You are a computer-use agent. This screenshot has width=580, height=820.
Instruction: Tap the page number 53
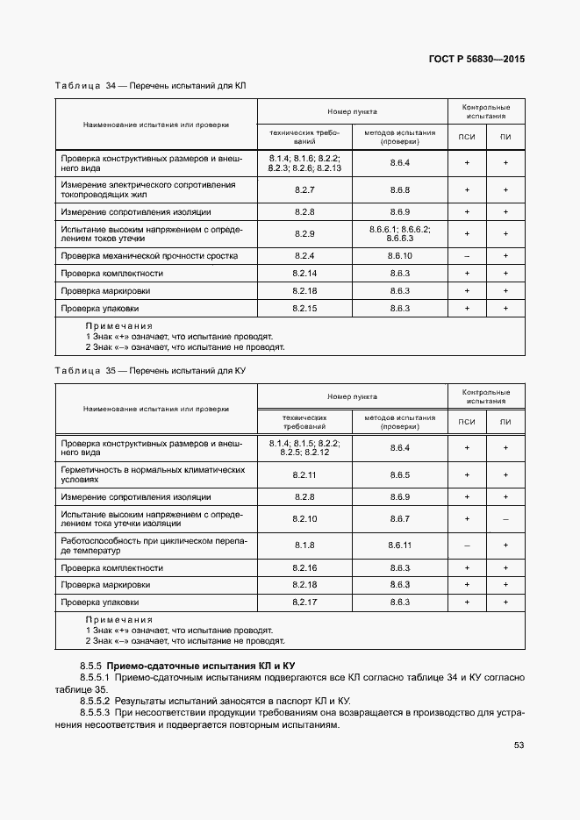tap(519, 746)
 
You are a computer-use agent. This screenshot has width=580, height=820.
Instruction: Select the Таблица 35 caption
tap(150, 371)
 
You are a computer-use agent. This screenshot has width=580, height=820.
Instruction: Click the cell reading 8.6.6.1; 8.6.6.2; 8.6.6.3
tap(399, 233)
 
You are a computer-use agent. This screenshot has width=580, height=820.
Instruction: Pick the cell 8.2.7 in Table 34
tap(304, 190)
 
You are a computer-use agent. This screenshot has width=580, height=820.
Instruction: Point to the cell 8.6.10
tap(399, 256)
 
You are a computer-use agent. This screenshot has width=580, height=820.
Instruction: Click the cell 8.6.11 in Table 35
tap(399, 545)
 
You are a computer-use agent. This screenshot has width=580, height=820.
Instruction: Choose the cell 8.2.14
tap(304, 274)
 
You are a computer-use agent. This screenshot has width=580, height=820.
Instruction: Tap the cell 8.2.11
tap(304, 475)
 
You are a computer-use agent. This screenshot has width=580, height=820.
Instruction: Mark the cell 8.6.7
tap(399, 519)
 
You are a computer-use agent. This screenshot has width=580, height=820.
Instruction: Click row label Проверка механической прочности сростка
tap(148, 256)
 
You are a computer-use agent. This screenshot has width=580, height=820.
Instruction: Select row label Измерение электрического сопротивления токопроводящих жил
tap(148, 190)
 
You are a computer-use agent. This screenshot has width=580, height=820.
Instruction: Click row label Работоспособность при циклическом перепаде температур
tap(150, 545)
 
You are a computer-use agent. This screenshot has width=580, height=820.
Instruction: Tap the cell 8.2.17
tap(304, 603)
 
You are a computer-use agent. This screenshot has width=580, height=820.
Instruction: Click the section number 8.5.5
tap(91, 667)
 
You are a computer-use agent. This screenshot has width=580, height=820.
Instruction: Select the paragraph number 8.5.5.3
tap(94, 713)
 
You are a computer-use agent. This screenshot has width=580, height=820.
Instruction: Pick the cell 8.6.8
tap(399, 190)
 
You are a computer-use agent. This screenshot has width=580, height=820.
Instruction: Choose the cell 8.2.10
tap(304, 519)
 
